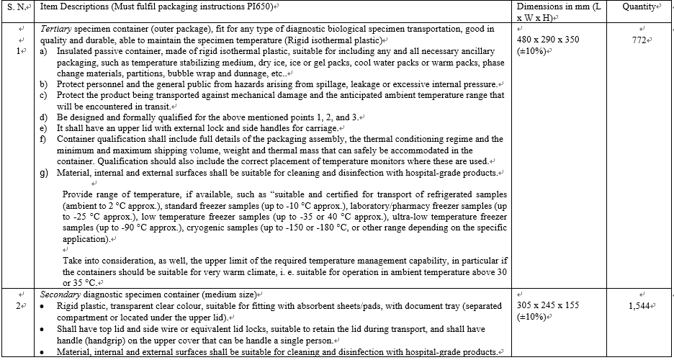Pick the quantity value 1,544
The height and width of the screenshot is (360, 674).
click(639, 306)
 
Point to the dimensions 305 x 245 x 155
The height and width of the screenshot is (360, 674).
click(548, 306)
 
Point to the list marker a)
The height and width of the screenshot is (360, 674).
click(44, 52)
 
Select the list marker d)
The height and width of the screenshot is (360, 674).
click(44, 117)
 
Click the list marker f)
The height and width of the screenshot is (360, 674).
click(44, 139)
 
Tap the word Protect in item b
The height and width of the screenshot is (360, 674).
click(73, 84)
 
